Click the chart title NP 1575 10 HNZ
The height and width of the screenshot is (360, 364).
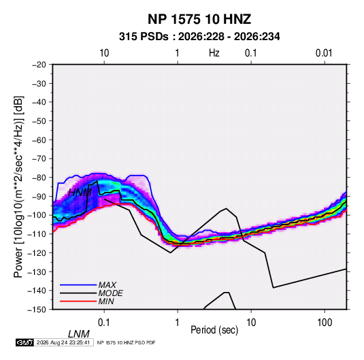coord(199,19)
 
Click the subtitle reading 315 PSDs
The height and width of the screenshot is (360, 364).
coord(144,37)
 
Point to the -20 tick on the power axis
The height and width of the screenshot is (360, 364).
coord(39,65)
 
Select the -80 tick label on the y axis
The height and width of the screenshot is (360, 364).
coord(39,178)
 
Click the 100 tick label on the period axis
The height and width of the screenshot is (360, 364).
coord(325,323)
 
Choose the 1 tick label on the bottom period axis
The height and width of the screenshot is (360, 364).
coord(178,323)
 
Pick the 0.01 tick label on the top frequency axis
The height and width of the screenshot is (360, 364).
coord(324,53)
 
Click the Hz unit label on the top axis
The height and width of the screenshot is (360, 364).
coord(214,53)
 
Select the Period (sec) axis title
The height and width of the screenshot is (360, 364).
coord(214,330)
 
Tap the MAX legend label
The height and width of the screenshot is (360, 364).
coord(107,285)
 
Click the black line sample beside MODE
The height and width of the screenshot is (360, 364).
coord(78,293)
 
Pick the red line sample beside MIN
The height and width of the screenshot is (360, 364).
coord(78,301)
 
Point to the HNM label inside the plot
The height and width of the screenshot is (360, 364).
coord(80,193)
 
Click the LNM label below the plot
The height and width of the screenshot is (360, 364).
coord(79,334)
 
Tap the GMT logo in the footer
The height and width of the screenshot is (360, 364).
coord(25,342)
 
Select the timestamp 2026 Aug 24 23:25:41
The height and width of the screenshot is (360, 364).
coord(63,342)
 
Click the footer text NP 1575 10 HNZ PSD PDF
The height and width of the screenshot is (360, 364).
coord(126,342)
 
